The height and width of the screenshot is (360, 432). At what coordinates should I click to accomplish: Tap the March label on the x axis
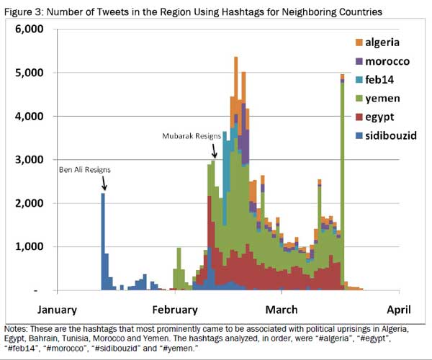[x=281, y=310]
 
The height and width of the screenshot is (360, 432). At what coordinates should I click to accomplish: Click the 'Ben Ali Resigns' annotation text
[x=84, y=171]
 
